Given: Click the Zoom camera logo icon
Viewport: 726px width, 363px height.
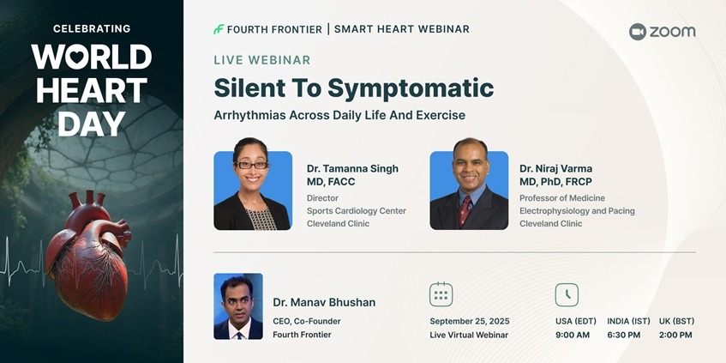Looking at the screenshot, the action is click(x=638, y=32).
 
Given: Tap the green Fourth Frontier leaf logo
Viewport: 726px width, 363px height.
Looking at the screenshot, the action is click(x=219, y=29).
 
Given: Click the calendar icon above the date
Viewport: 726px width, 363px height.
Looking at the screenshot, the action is click(x=441, y=294).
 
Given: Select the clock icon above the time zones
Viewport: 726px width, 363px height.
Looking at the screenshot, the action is click(x=567, y=295).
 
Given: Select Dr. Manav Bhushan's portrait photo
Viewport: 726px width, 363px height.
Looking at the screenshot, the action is click(x=238, y=306).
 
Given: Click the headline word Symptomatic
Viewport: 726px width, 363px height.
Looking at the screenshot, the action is click(x=411, y=88).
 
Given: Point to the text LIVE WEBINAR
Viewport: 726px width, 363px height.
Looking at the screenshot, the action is click(x=262, y=60).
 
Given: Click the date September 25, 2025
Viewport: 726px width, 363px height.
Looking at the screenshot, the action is click(x=470, y=321).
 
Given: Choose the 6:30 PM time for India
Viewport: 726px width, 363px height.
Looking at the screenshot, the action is click(x=624, y=335).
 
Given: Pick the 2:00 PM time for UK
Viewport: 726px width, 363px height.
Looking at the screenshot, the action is click(x=675, y=335).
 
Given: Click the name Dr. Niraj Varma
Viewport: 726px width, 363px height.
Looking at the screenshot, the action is click(x=555, y=168).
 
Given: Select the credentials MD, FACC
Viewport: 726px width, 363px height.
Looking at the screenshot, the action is click(x=331, y=182).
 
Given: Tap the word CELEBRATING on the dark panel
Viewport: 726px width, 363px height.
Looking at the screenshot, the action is click(x=92, y=28).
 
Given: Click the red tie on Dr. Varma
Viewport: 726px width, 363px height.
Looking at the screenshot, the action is click(x=465, y=211).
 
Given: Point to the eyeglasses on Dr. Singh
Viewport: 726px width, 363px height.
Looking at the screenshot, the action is click(x=252, y=165).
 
